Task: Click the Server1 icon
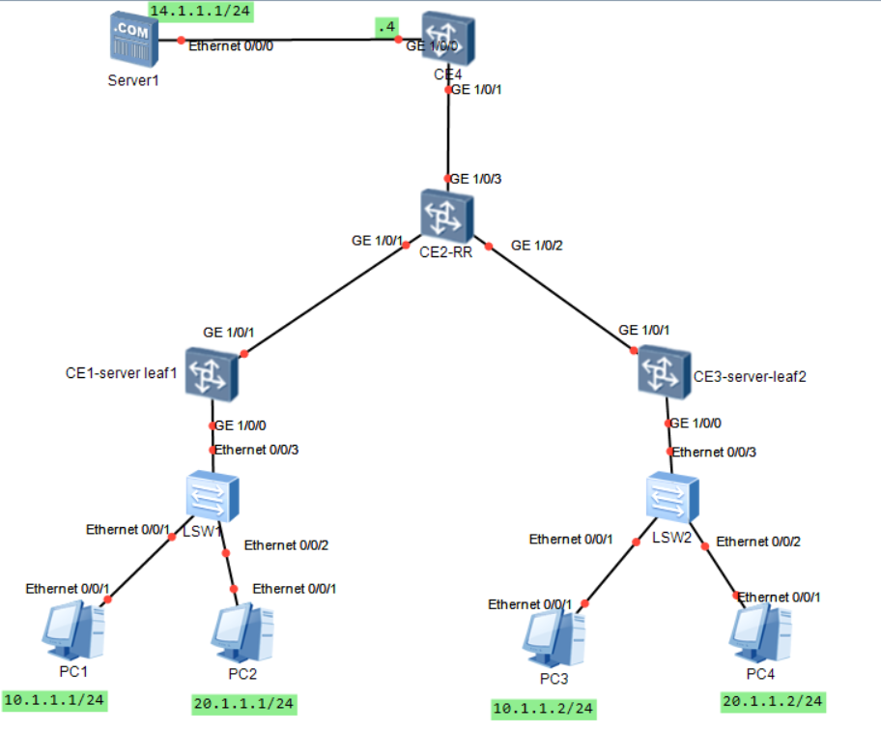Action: (x=132, y=40)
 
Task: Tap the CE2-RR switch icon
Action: (x=446, y=215)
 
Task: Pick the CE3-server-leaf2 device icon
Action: (x=666, y=373)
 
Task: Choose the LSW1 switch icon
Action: (x=212, y=496)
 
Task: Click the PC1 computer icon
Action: (x=73, y=626)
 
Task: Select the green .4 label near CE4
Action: (x=387, y=28)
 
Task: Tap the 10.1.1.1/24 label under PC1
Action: (x=54, y=699)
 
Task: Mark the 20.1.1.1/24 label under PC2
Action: (x=243, y=703)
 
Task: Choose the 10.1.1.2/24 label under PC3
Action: (x=542, y=709)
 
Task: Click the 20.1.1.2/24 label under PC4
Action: (x=773, y=700)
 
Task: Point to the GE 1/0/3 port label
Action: (x=476, y=179)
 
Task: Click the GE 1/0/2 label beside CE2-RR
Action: (x=536, y=246)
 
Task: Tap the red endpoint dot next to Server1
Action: (x=181, y=41)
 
